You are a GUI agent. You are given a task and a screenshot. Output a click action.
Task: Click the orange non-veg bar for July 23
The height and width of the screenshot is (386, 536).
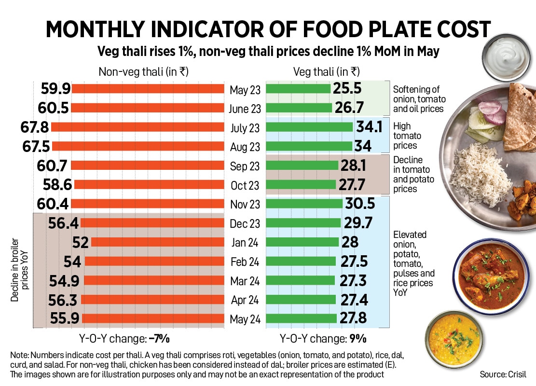[x=137, y=127]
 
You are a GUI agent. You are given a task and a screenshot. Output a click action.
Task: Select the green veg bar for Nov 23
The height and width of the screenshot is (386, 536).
[x=304, y=204]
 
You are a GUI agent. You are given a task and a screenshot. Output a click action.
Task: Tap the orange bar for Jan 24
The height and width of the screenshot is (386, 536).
[x=157, y=242]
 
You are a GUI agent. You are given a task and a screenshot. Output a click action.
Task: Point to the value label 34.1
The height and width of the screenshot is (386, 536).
[x=370, y=127]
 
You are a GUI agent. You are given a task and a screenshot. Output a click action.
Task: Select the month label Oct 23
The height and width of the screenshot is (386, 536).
[x=245, y=185]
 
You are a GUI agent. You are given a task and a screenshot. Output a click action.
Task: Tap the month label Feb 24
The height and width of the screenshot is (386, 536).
[x=245, y=262]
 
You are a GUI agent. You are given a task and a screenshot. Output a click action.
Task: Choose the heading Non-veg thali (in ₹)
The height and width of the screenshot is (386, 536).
[x=143, y=72]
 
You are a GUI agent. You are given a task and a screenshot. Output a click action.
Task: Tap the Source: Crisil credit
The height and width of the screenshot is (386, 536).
[x=503, y=374]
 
